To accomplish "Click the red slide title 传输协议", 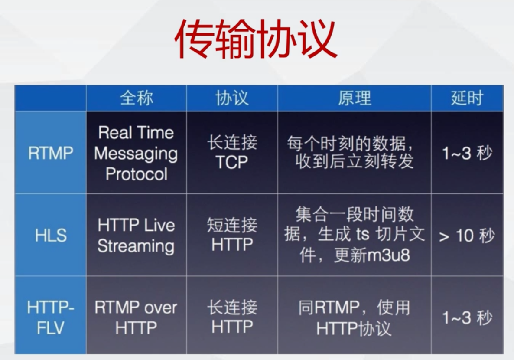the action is (x=256, y=39).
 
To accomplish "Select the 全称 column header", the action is (x=137, y=98).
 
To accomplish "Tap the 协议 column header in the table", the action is (x=232, y=98).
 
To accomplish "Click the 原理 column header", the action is (x=355, y=98).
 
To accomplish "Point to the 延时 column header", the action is (x=467, y=98).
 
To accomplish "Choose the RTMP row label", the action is (x=50, y=153).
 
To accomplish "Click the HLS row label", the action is (x=51, y=235).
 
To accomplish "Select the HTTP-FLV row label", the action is (x=50, y=317).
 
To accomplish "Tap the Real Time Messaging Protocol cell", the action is (x=136, y=153).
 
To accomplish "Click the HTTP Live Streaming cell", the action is (x=136, y=236).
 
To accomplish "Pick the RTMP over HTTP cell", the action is (x=136, y=317).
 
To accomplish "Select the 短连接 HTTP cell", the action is (x=232, y=235).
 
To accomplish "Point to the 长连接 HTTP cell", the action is (x=232, y=317).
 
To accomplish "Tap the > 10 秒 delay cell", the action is (x=467, y=236).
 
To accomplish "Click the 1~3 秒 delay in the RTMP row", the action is (x=467, y=153).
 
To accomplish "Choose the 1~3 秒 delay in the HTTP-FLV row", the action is (x=467, y=317).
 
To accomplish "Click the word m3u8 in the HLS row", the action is (x=389, y=255).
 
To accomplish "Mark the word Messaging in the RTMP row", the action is (x=136, y=154).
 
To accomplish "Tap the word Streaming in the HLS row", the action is (x=136, y=246).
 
